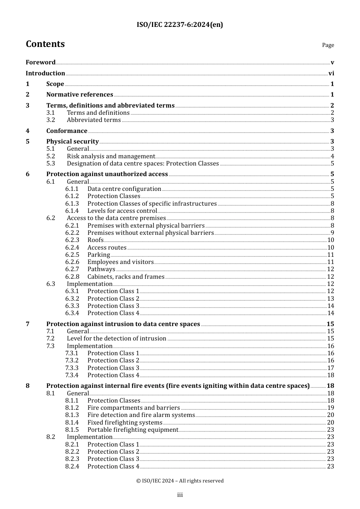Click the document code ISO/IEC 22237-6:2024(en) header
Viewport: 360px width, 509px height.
click(180, 25)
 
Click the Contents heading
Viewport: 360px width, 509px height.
click(45, 44)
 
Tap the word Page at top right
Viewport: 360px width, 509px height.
click(328, 45)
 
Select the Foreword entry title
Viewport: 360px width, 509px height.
click(41, 62)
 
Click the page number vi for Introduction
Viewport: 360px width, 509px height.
click(331, 73)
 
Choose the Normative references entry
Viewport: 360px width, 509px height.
click(80, 95)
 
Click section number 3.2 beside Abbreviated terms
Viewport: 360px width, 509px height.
click(51, 120)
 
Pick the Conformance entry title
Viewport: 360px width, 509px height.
click(67, 131)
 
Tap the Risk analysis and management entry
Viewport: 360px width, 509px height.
click(111, 156)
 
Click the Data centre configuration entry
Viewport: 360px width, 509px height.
click(124, 189)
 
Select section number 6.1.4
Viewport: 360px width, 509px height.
click(72, 211)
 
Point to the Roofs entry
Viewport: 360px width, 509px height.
click(95, 240)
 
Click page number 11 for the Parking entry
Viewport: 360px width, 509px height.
click(330, 255)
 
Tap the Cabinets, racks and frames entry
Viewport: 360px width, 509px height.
click(126, 277)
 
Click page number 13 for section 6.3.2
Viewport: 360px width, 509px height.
click(330, 299)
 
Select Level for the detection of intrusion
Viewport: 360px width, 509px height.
click(116, 339)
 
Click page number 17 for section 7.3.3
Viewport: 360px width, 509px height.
click(330, 368)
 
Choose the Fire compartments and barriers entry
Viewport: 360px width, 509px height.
click(133, 408)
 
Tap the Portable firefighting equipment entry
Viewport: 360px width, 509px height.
click(133, 430)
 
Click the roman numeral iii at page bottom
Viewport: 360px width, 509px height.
click(180, 495)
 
